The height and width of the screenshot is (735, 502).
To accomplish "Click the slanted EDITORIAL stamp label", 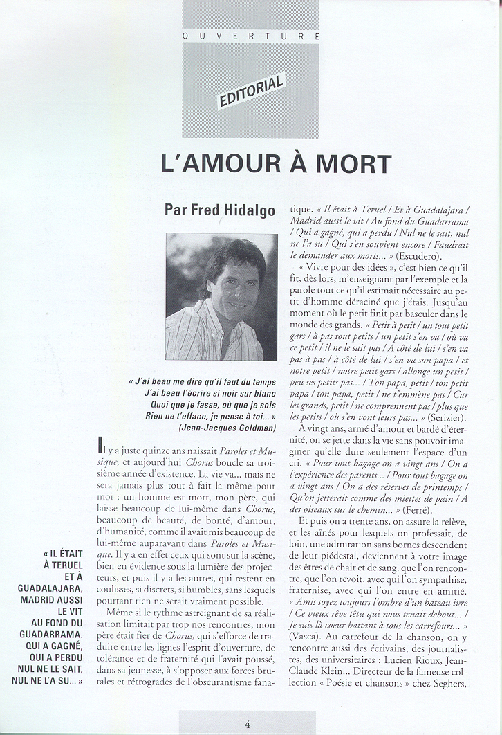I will [252, 91].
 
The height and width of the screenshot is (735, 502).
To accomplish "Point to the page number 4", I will [247, 724].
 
